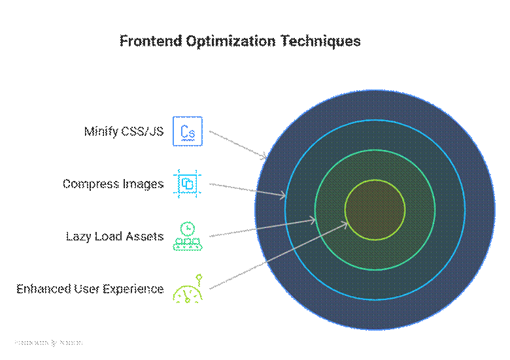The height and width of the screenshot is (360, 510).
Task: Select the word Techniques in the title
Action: click(321, 41)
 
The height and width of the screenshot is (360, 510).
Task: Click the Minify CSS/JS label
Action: click(124, 131)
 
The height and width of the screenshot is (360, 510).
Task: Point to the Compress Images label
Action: click(113, 184)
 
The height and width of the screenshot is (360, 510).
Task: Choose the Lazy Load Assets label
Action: click(115, 236)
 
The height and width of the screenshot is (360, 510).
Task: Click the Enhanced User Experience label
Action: click(90, 288)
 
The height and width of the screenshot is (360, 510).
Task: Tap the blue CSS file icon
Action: click(188, 131)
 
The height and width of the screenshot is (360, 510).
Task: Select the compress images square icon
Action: click(188, 184)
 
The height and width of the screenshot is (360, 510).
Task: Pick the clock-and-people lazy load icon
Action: click(188, 236)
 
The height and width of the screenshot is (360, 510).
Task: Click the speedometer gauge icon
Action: click(188, 289)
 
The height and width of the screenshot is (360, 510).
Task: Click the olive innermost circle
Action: click(375, 209)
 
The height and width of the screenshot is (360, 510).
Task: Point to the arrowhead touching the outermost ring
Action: click(264, 156)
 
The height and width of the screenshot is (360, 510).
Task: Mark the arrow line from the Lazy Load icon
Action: click(262, 227)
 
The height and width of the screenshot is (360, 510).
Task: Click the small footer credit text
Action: click(48, 342)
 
